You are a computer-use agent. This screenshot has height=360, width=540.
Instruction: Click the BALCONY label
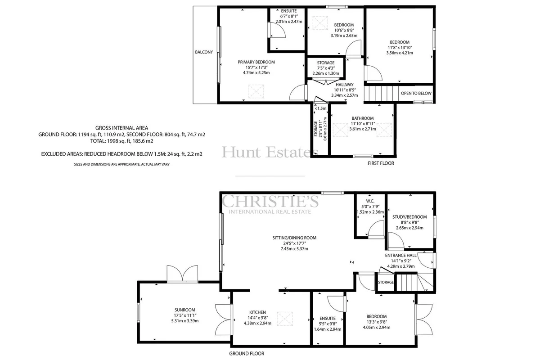(x=204, y=52)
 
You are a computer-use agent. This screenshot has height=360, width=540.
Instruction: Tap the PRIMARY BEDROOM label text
(x=256, y=62)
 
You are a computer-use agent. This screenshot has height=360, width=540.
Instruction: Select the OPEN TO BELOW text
(x=416, y=93)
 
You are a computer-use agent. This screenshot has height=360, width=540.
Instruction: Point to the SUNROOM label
(x=185, y=310)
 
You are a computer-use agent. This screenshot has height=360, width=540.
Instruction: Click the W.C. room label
(x=370, y=201)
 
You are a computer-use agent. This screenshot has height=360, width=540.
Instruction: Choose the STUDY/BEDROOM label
(x=409, y=217)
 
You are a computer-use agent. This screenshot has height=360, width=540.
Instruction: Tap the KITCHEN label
(x=257, y=312)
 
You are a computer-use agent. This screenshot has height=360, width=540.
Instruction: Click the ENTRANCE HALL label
(x=400, y=255)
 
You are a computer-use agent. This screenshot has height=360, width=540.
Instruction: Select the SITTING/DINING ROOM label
(x=294, y=238)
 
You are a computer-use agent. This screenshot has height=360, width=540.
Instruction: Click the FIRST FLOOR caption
(x=381, y=163)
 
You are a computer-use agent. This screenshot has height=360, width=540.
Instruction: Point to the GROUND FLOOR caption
(x=247, y=354)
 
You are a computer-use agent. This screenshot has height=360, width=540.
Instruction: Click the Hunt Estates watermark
(x=270, y=153)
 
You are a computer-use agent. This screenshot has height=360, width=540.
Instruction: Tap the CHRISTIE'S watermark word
(x=270, y=201)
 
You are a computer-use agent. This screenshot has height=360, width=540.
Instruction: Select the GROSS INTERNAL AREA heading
(x=122, y=128)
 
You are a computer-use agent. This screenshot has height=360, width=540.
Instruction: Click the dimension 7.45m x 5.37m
(x=294, y=248)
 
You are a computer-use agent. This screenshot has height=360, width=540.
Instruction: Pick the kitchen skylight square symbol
(x=285, y=319)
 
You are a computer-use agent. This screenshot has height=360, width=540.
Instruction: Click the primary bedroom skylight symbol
(x=256, y=91)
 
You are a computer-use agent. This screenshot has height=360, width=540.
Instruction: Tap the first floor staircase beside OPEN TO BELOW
(x=381, y=94)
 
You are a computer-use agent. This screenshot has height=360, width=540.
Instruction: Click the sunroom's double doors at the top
(x=183, y=274)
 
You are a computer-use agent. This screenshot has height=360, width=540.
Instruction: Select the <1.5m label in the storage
(x=320, y=108)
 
